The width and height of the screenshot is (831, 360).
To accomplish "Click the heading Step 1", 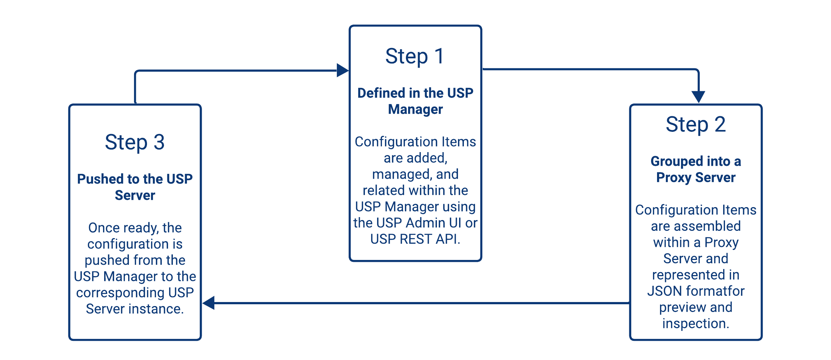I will [x=414, y=56].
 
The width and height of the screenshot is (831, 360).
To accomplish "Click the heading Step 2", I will [x=695, y=124].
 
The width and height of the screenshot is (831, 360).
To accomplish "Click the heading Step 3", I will [x=134, y=143].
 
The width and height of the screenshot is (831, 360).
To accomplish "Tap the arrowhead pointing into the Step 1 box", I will [x=342, y=70].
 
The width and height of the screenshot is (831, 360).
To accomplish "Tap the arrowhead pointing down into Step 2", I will [x=698, y=97].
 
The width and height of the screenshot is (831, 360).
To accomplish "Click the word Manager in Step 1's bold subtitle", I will [x=415, y=109].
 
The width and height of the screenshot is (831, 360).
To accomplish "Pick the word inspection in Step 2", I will [x=695, y=324].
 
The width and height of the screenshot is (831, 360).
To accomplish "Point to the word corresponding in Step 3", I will [x=120, y=293].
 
